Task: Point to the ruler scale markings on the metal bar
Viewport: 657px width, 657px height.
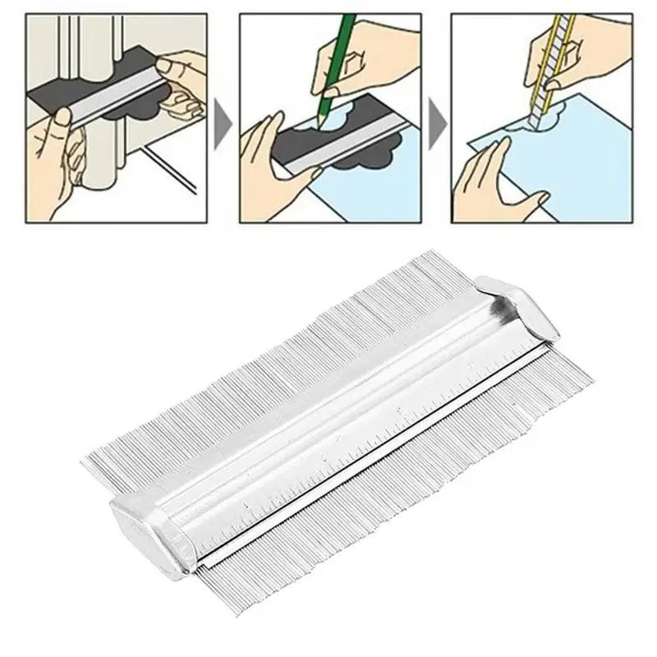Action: tap(370, 435)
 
